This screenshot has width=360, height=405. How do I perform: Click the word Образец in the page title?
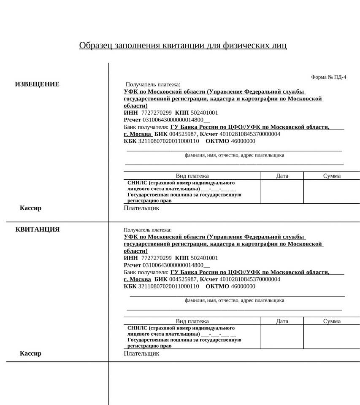[96, 45]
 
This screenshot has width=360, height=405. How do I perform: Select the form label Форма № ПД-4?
[328, 77]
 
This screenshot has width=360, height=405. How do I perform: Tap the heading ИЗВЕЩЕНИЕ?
[37, 84]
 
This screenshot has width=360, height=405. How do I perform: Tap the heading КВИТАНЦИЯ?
[38, 229]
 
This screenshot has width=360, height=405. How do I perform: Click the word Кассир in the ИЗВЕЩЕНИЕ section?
[30, 208]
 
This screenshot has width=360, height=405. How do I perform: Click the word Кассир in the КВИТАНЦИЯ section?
[30, 354]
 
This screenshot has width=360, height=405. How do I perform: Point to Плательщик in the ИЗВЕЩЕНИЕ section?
[141, 208]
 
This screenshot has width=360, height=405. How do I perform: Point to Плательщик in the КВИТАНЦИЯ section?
[141, 354]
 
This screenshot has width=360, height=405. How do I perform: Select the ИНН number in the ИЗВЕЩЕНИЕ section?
[156, 113]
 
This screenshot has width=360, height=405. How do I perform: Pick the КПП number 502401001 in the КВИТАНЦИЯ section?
[204, 258]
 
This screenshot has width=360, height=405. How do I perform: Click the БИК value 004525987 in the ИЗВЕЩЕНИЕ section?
[183, 134]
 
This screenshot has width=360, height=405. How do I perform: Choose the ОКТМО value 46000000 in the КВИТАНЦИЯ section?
[243, 286]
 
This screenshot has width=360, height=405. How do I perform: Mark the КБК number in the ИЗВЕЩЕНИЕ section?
[168, 141]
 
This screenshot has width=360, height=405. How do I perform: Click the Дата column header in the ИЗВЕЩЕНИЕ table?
[282, 176]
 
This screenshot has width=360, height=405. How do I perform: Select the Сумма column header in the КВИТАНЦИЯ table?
[332, 321]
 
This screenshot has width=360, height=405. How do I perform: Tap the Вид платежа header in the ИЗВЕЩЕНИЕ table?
[192, 176]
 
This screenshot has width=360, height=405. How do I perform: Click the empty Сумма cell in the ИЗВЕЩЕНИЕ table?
[332, 192]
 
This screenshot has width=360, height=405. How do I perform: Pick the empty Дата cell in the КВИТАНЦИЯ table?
[282, 337]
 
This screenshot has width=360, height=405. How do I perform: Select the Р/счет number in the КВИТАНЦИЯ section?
[173, 265]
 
